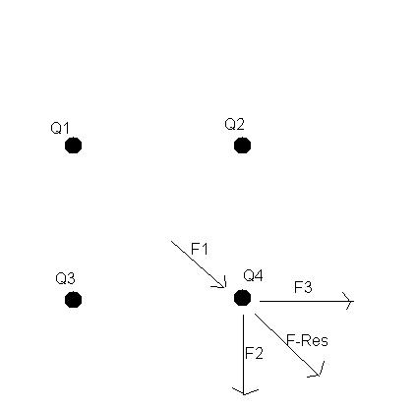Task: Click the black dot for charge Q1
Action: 73,146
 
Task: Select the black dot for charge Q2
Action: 242,146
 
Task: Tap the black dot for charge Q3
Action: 73,300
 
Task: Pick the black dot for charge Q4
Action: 242,298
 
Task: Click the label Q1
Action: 60,128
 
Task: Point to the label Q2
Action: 234,124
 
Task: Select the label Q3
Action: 65,278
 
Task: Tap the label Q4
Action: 253,275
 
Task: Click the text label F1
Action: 199,249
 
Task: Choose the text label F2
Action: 254,353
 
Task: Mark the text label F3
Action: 303,287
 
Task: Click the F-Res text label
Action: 307,340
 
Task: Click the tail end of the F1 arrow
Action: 171,241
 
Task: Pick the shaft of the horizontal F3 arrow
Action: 307,301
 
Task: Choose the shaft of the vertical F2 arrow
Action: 243,354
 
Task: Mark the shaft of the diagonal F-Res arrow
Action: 287,345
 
